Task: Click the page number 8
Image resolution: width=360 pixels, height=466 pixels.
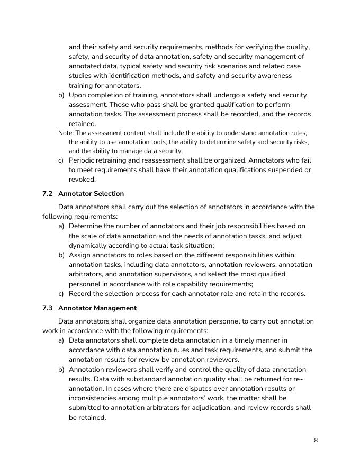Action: pos(316,440)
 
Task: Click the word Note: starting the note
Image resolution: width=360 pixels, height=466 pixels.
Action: pos(66,133)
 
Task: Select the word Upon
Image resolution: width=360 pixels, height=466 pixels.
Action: pos(77,95)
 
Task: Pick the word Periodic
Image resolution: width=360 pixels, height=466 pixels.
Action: pos(83,160)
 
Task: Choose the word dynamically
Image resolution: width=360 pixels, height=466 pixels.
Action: pos(89,245)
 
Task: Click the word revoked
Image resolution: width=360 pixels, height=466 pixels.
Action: pos(82,180)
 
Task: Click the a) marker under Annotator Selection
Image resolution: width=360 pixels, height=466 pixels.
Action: pos(61,226)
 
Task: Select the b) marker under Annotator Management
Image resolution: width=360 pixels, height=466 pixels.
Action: pos(61,369)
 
